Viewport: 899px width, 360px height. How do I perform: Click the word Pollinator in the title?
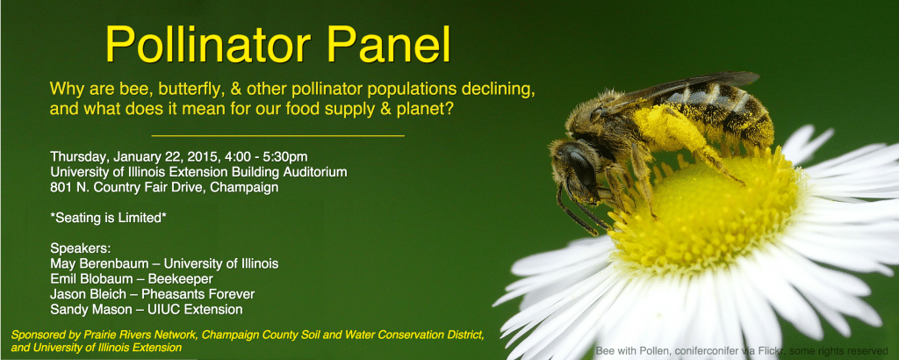(208, 45)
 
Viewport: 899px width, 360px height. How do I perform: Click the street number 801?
(60, 187)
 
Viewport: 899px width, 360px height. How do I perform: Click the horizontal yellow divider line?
(278, 136)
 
